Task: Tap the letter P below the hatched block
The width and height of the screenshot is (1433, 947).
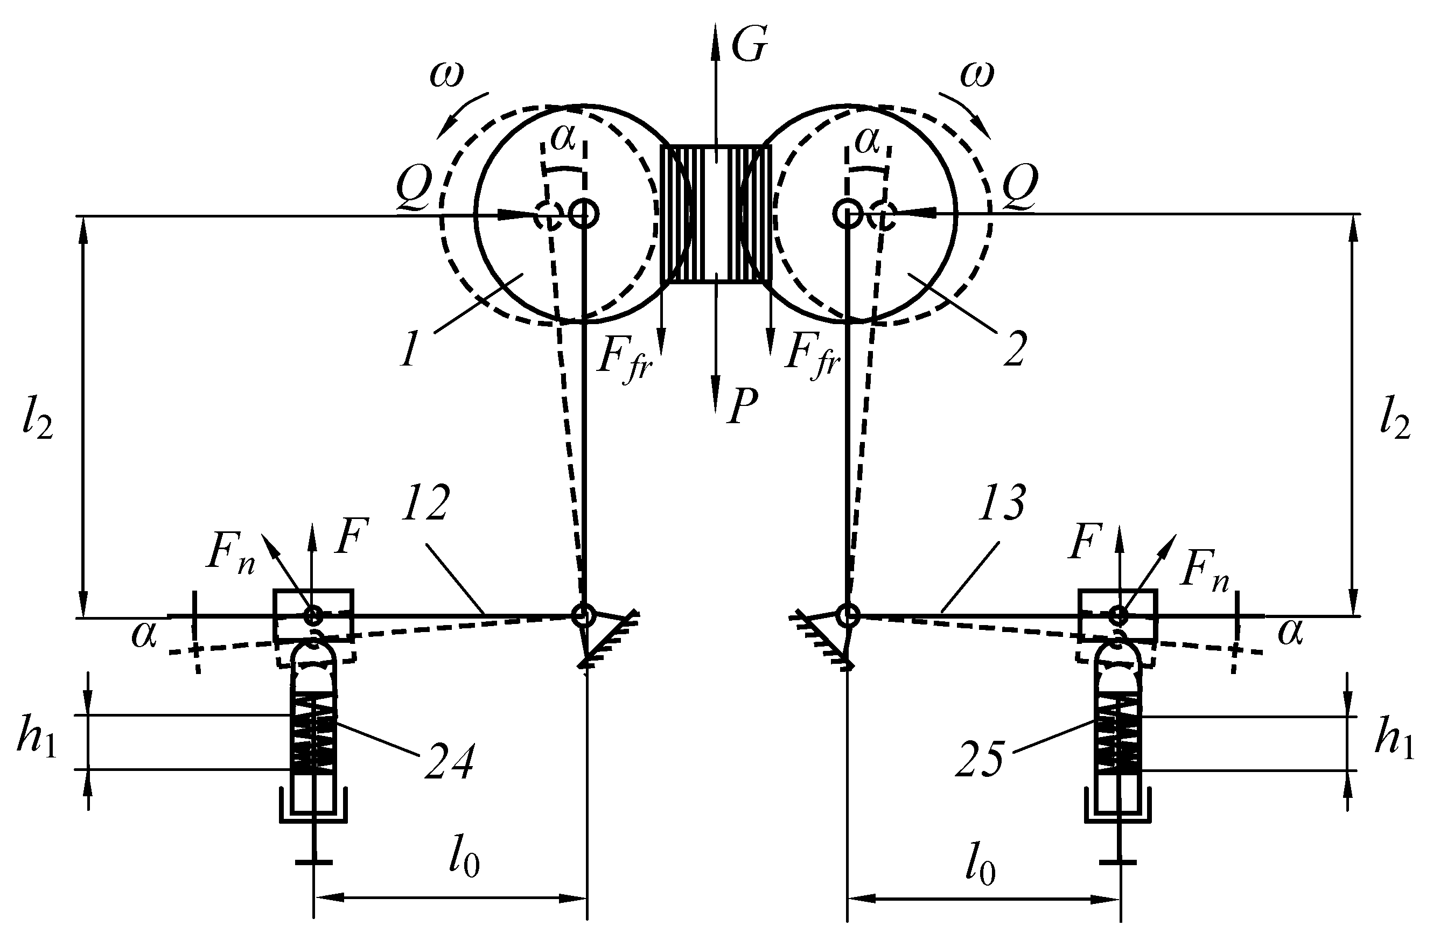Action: point(743,406)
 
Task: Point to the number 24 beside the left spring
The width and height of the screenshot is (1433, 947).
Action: point(448,762)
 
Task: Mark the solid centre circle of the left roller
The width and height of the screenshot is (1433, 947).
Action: point(584,213)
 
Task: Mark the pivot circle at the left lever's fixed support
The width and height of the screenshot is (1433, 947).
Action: point(583,615)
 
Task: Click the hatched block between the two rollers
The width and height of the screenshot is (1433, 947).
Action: point(715,214)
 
